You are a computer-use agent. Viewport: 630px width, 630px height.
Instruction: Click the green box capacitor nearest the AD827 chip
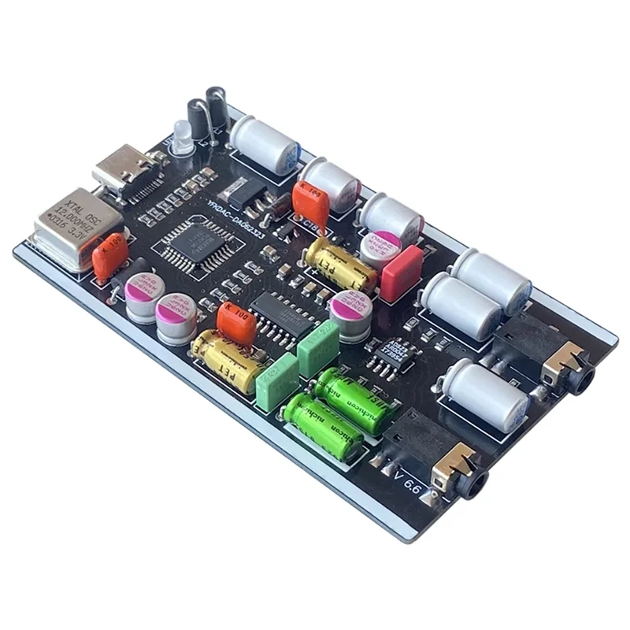318,339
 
